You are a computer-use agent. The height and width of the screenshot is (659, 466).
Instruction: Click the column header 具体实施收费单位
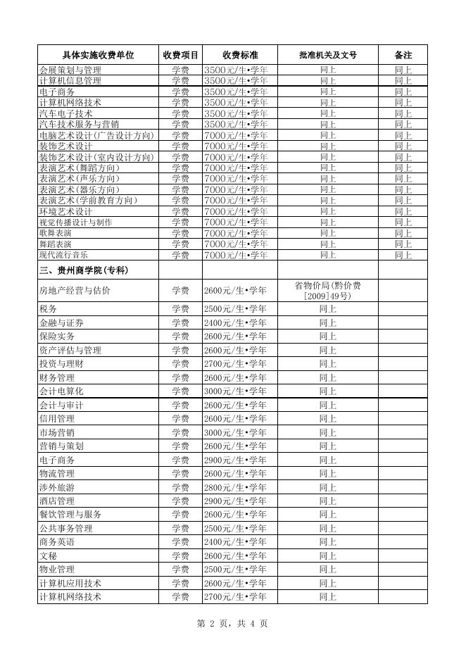pyautogui.click(x=98, y=55)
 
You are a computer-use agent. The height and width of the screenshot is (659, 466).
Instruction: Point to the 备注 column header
pyautogui.click(x=403, y=55)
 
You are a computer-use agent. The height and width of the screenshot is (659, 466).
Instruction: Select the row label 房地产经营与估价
pyautogui.click(x=75, y=289)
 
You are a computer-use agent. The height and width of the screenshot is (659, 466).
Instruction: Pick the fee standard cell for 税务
pyautogui.click(x=235, y=309)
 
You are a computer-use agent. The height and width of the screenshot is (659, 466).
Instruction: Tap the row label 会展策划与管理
pyautogui.click(x=70, y=70)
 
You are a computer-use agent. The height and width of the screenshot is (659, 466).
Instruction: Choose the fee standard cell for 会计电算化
pyautogui.click(x=235, y=391)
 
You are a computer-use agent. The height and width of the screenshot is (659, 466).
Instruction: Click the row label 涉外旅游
pyautogui.click(x=57, y=487)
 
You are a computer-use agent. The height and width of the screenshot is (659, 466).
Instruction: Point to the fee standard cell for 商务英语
pyautogui.click(x=235, y=542)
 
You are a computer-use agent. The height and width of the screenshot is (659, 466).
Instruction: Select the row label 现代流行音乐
pyautogui.click(x=64, y=255)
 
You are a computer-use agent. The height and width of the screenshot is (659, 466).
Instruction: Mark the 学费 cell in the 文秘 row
pyautogui.click(x=180, y=556)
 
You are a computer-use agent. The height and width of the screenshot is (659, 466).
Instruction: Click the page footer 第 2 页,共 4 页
pyautogui.click(x=233, y=623)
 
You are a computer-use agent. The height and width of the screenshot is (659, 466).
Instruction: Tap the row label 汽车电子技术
pyautogui.click(x=66, y=113)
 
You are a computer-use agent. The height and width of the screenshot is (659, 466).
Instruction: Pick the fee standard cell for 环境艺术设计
pyautogui.click(x=235, y=211)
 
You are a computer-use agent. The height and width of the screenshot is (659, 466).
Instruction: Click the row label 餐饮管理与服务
pyautogui.click(x=70, y=515)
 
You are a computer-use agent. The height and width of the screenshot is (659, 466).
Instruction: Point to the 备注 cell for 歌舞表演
pyautogui.click(x=403, y=233)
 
